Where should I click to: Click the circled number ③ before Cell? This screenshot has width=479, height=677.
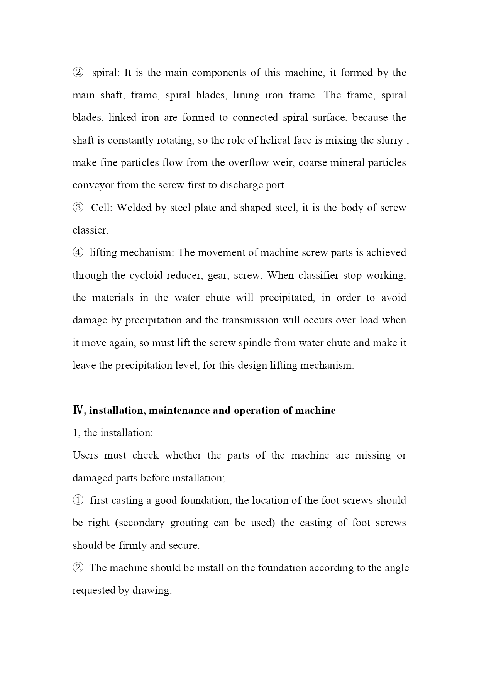point(78,208)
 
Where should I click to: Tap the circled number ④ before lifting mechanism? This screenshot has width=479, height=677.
point(78,252)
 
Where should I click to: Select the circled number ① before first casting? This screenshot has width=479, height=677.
point(78,500)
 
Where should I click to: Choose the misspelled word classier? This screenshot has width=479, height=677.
point(90,230)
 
